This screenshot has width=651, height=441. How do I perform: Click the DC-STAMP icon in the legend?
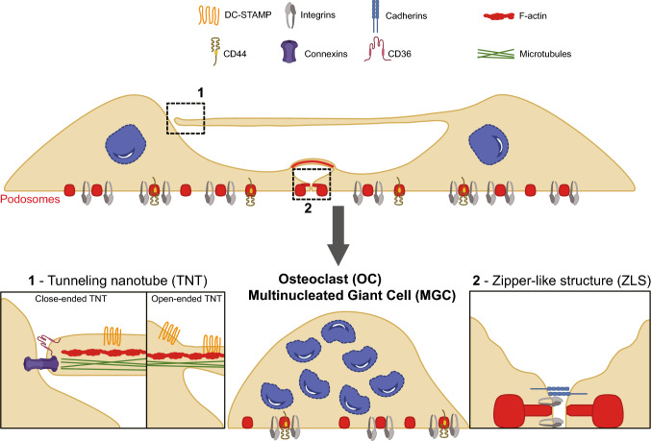coord(209,15)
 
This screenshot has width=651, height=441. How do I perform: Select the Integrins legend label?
coord(317,15)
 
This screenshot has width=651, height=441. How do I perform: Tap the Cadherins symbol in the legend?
coord(375,15)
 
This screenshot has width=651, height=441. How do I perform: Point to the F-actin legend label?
coord(533,15)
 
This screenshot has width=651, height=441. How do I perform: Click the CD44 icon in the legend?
coord(215,51)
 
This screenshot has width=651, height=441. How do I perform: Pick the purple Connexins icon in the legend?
coord(289,52)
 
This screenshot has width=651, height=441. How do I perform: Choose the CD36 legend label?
coord(399,54)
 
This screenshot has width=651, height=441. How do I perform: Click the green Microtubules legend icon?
coord(496,54)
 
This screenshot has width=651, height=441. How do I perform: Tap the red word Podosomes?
coord(30,199)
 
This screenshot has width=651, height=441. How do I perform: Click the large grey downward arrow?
coord(338,234)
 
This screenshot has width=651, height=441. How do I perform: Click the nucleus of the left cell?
coord(125,144)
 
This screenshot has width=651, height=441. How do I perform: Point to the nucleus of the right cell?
coord(488,143)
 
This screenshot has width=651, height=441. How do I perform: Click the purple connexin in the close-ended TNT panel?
coord(41,364)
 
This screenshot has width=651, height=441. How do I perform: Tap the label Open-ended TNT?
coord(187,299)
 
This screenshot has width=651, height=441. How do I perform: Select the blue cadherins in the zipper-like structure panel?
coord(559,391)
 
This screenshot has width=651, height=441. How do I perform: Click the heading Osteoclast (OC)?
coord(330,279)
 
